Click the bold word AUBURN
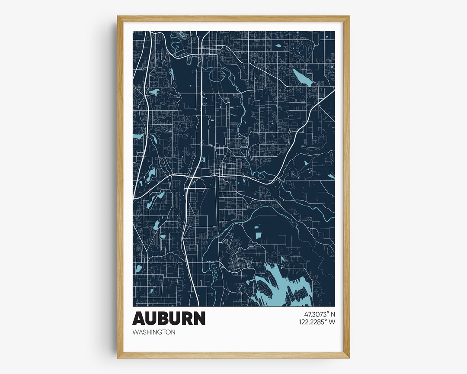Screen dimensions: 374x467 pyautogui.click(x=169, y=319)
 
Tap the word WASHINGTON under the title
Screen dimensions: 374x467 pyautogui.click(x=154, y=332)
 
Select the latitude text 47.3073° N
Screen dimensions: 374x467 pyautogui.click(x=317, y=313)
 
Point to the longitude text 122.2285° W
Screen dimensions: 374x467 pyautogui.click(x=317, y=322)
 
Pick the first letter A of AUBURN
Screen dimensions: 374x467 pyautogui.click(x=139, y=319)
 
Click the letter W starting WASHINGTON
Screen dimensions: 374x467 pyautogui.click(x=135, y=332)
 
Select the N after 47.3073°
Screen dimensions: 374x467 pyautogui.click(x=333, y=313)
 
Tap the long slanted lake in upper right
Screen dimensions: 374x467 pyautogui.click(x=304, y=77)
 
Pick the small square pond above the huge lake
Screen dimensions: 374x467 pyautogui.click(x=259, y=235)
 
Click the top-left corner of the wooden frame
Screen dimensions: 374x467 pyautogui.click(x=118, y=16)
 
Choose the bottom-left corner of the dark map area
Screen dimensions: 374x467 pyautogui.click(x=133, y=306)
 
